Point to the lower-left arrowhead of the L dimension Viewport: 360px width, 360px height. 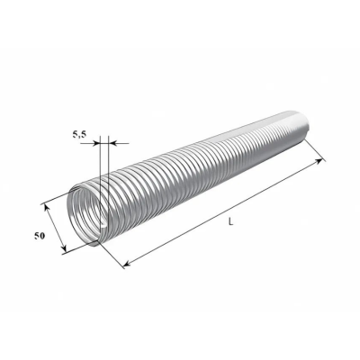click(125, 264)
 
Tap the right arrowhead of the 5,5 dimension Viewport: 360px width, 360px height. click(113, 141)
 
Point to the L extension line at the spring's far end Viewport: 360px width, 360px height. click(314, 148)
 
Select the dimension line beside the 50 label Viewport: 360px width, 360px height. click(54, 229)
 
